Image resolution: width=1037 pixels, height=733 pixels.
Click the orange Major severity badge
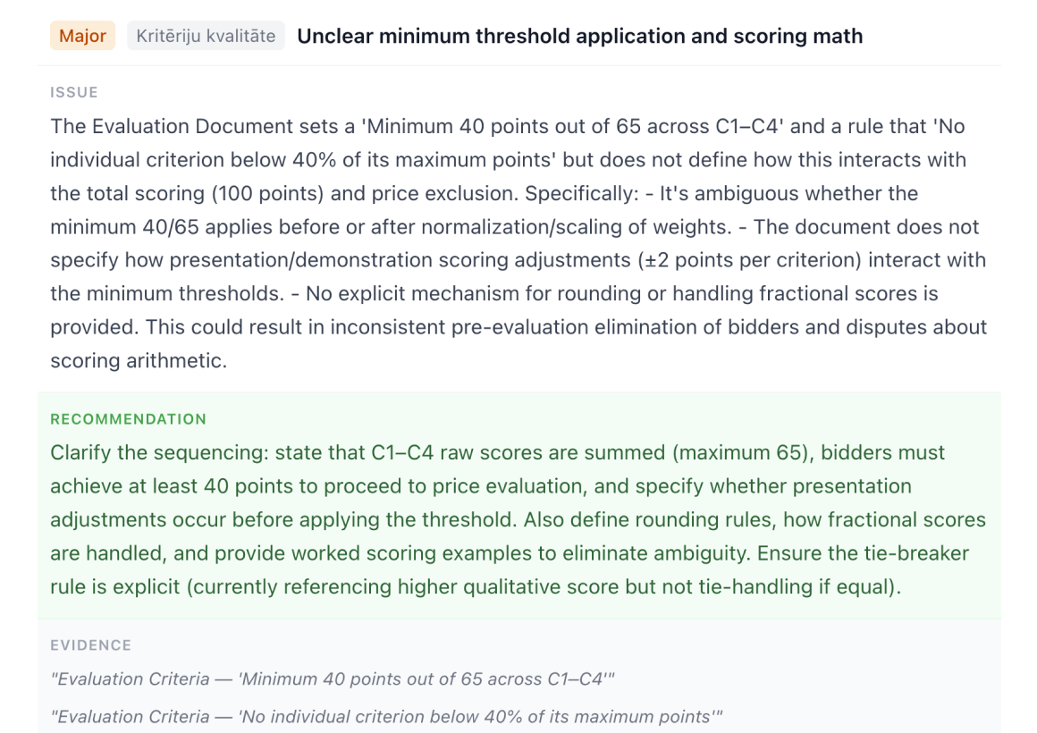coord(82,37)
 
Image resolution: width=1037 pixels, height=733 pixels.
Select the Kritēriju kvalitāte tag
coord(206,37)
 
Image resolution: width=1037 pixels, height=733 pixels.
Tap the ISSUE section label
coord(74,92)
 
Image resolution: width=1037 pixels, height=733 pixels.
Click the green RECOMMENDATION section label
coord(128,419)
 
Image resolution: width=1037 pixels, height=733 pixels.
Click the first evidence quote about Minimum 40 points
coord(333,679)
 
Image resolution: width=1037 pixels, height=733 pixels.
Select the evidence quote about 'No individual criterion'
coord(386,716)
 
